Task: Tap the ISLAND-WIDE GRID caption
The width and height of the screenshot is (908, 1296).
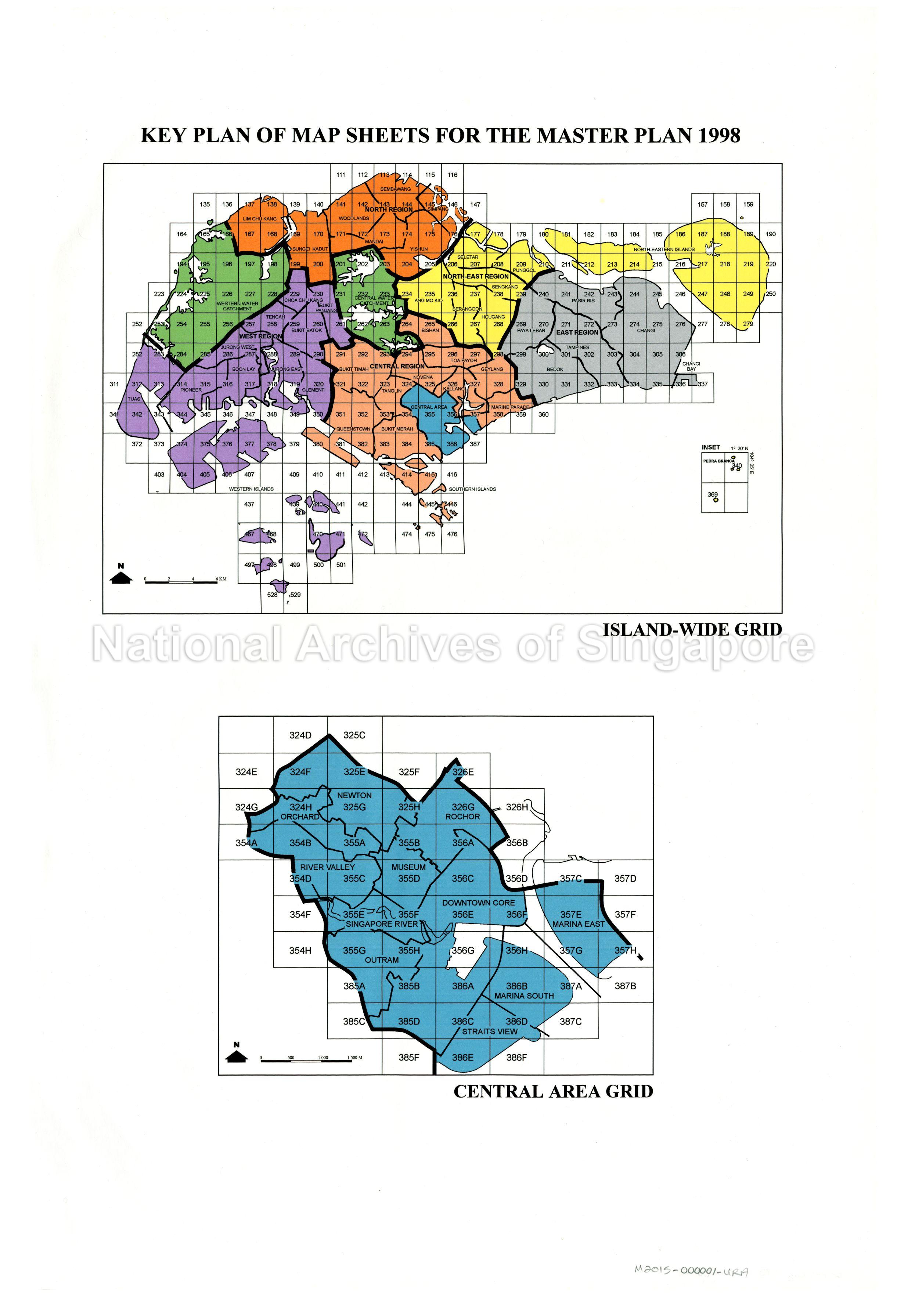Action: [692, 629]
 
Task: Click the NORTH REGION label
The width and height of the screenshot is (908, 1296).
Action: [389, 209]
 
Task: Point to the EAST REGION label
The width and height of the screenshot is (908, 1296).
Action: [577, 332]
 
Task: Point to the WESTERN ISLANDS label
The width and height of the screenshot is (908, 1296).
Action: [251, 489]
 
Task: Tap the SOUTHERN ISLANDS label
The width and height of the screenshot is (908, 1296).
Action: [472, 489]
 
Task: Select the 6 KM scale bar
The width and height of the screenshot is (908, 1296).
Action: [181, 581]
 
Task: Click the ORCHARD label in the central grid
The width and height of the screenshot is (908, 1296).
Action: [300, 817]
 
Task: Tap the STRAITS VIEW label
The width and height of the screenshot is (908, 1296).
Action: [489, 1031]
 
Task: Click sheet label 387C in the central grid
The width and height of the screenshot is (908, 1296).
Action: [570, 1022]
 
